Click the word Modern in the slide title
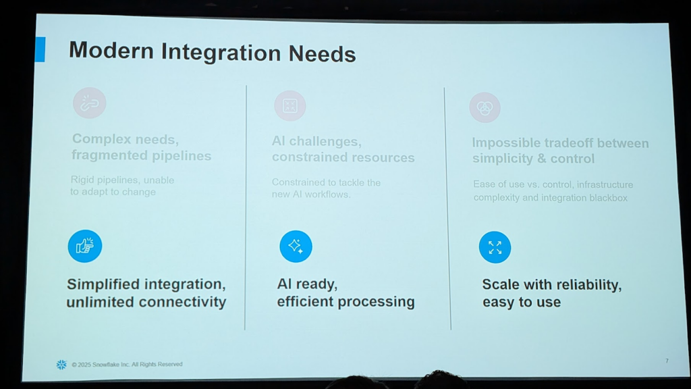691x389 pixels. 111,50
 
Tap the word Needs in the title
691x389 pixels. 322,54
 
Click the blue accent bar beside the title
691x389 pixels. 40,49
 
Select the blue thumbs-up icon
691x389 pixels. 85,246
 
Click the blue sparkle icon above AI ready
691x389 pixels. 296,246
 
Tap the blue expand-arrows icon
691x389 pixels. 495,247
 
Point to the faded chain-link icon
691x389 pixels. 90,103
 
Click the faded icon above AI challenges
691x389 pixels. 290,106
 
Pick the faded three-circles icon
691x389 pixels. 485,107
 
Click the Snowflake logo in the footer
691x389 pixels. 61,365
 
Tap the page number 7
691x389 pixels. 667,361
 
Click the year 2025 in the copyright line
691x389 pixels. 84,365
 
